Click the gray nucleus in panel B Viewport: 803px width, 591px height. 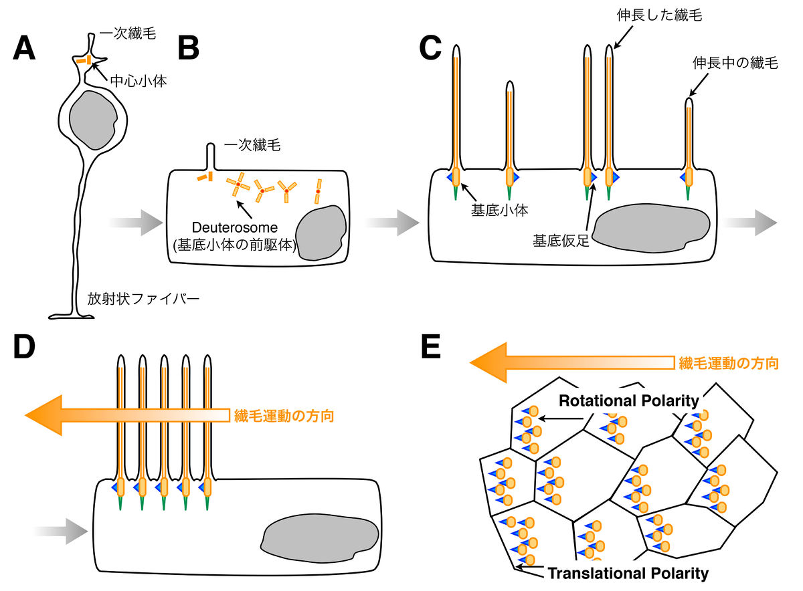point(321,231)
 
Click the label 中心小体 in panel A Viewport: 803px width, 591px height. point(134,82)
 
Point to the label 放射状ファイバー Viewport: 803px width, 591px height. point(144,298)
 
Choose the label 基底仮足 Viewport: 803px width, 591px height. point(561,239)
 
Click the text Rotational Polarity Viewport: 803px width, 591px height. point(629,401)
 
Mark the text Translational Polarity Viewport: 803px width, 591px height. point(628,573)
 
